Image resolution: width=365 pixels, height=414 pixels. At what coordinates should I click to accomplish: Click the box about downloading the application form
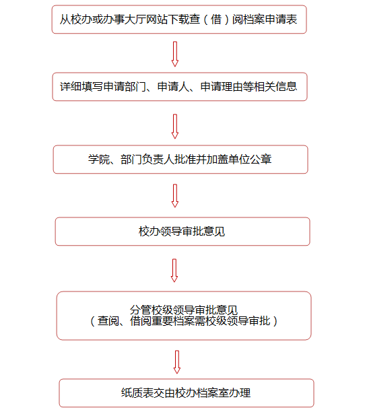tap(179, 20)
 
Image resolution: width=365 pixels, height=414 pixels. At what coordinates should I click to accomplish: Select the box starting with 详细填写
tap(180, 87)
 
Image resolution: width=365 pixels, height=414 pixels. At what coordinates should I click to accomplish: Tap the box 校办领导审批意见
tap(182, 232)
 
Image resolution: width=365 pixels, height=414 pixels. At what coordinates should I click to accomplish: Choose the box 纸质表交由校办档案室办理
tap(187, 393)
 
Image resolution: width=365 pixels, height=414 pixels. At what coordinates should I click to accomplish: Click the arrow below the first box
tap(175, 54)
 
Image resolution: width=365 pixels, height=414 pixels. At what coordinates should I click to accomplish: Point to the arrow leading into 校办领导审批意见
tap(175, 196)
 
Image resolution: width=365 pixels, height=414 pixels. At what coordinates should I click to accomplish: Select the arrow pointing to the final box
tap(177, 362)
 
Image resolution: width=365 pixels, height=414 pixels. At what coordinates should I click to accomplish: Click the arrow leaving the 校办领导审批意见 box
tap(174, 271)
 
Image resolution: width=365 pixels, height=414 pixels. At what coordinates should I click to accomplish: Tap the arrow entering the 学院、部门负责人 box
tap(175, 126)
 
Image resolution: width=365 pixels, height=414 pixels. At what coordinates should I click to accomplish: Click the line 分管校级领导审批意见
tap(184, 310)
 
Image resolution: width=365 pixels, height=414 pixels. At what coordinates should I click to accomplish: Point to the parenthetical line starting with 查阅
tap(184, 321)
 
